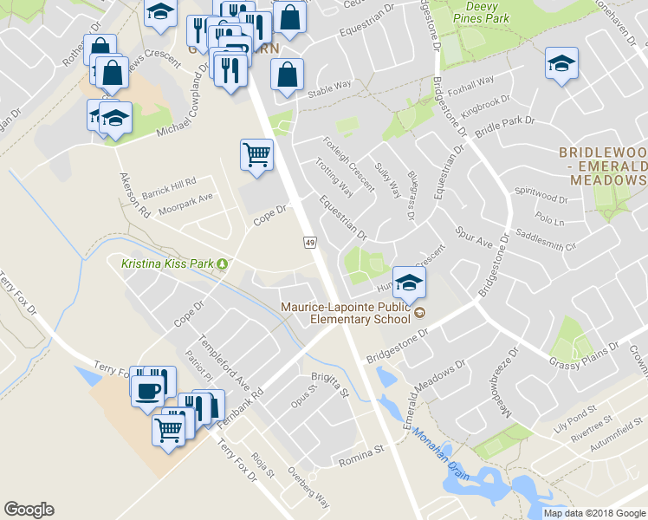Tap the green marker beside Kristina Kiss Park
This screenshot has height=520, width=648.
pyautogui.click(x=223, y=263)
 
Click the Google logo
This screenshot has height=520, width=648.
pyautogui.click(x=29, y=510)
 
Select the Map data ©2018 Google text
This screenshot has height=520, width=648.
pyautogui.click(x=593, y=513)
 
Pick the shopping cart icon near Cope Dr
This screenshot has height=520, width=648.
pyautogui.click(x=256, y=155)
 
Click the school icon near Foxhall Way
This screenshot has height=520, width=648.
pyautogui.click(x=561, y=63)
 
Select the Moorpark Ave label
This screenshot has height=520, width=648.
pyautogui.click(x=184, y=197)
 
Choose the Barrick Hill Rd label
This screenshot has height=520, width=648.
pyautogui.click(x=170, y=183)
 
